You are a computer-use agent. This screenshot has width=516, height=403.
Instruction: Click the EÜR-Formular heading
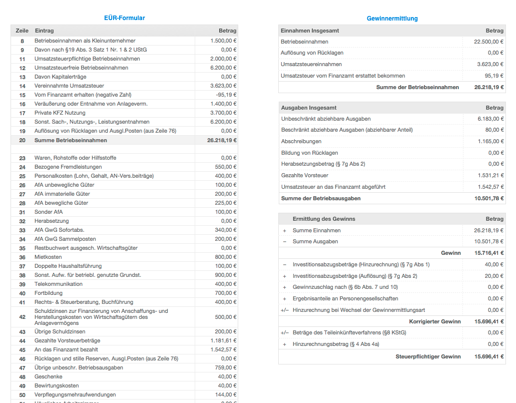coord(124,18)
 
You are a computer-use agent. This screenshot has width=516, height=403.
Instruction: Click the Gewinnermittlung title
coord(392,19)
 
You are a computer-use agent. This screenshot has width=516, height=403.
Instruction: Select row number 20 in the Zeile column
coord(22,140)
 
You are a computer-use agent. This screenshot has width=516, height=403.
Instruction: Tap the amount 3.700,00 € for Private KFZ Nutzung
coord(223,113)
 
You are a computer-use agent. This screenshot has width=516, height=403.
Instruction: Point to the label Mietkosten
coord(48,257)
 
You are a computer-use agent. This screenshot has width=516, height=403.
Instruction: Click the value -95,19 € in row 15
coord(226,95)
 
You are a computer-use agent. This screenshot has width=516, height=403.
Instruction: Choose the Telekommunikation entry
coord(59,284)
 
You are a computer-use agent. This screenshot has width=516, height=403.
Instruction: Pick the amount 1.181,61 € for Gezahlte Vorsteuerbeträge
coord(224,340)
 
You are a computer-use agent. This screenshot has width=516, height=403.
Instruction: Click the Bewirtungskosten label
coord(57,385)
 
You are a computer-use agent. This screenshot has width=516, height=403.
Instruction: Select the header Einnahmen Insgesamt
coord(310,31)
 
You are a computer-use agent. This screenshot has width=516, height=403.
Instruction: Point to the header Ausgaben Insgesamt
coord(309,108)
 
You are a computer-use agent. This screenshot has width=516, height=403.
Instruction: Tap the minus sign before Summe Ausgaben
coord(285,241)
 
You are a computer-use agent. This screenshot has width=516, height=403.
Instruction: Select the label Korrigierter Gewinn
coord(434,321)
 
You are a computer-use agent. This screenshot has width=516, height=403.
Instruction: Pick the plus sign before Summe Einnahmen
coord(285,230)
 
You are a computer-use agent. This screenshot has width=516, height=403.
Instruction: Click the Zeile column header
coord(22,31)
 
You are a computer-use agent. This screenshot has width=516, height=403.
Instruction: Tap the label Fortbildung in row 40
coord(49,293)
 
